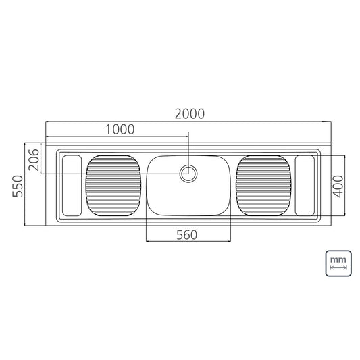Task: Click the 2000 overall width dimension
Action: coord(189,114)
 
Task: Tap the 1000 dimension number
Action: coord(120,130)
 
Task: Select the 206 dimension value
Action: coord(34,159)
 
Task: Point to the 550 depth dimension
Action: coord(18,186)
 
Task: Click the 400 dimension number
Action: coord(338,186)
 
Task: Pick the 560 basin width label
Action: coord(186,235)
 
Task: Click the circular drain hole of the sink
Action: coord(188,174)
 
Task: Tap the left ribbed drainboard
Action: coord(113,186)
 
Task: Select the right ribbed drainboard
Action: coord(264,186)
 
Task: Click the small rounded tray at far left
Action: coord(72,186)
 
